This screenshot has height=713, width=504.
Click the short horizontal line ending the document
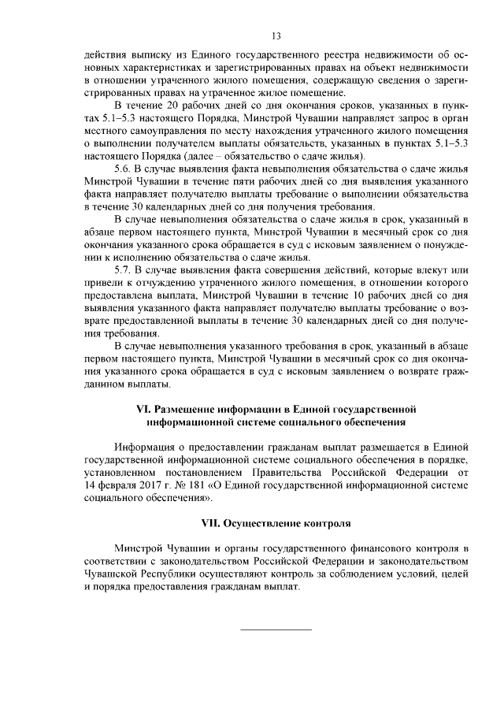pos(275,628)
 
